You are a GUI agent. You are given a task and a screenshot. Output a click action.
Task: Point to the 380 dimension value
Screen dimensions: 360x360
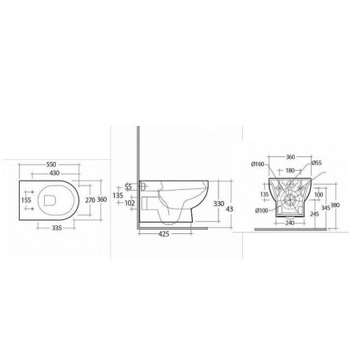coord(336,205)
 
